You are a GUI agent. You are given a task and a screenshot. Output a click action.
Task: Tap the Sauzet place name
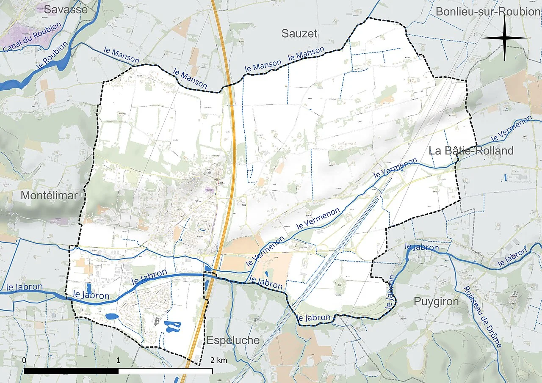point(299,34)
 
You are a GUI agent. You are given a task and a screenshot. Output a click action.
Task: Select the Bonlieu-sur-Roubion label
point(487,11)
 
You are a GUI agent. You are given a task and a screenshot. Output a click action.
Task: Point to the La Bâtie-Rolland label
point(471,151)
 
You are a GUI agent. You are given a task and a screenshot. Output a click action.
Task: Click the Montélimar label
point(49,196)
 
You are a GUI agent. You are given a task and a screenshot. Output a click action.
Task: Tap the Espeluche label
point(233,340)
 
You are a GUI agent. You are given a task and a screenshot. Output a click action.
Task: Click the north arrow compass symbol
point(505,38)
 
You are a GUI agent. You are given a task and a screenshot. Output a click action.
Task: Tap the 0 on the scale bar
point(25,360)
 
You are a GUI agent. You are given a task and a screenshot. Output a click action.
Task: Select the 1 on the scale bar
point(118,360)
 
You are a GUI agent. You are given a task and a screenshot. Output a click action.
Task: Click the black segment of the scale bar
point(71,371)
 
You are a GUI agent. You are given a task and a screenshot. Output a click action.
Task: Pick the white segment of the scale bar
point(165,371)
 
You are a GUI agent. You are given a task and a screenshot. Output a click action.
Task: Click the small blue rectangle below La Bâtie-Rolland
point(505,177)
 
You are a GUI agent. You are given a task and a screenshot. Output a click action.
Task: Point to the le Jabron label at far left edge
point(25,287)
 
